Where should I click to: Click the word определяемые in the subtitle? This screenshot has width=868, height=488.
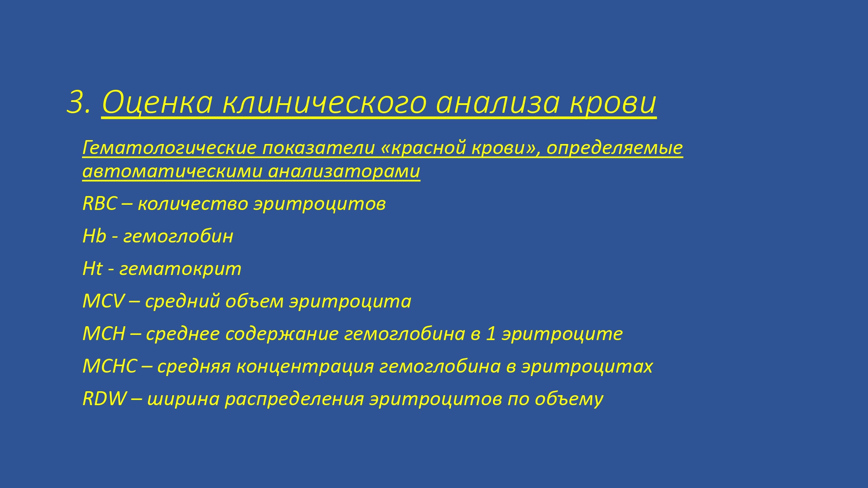(x=615, y=148)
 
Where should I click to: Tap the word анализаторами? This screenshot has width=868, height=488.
(x=344, y=171)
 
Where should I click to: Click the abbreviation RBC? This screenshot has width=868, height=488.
(x=100, y=204)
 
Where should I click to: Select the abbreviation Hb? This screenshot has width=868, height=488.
(x=94, y=236)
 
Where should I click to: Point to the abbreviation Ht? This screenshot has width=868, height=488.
(x=92, y=269)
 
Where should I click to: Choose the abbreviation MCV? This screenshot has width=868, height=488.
(x=103, y=301)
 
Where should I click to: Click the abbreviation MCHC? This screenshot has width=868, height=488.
(x=110, y=366)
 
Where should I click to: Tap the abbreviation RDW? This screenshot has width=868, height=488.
(x=105, y=399)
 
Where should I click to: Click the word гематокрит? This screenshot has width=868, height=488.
(x=180, y=269)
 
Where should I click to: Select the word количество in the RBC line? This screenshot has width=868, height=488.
(x=193, y=204)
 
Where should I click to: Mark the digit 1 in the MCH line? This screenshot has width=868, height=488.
(x=491, y=334)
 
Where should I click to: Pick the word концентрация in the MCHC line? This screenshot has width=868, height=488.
(x=305, y=367)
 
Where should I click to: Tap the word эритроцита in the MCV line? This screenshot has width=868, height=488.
(x=350, y=302)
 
